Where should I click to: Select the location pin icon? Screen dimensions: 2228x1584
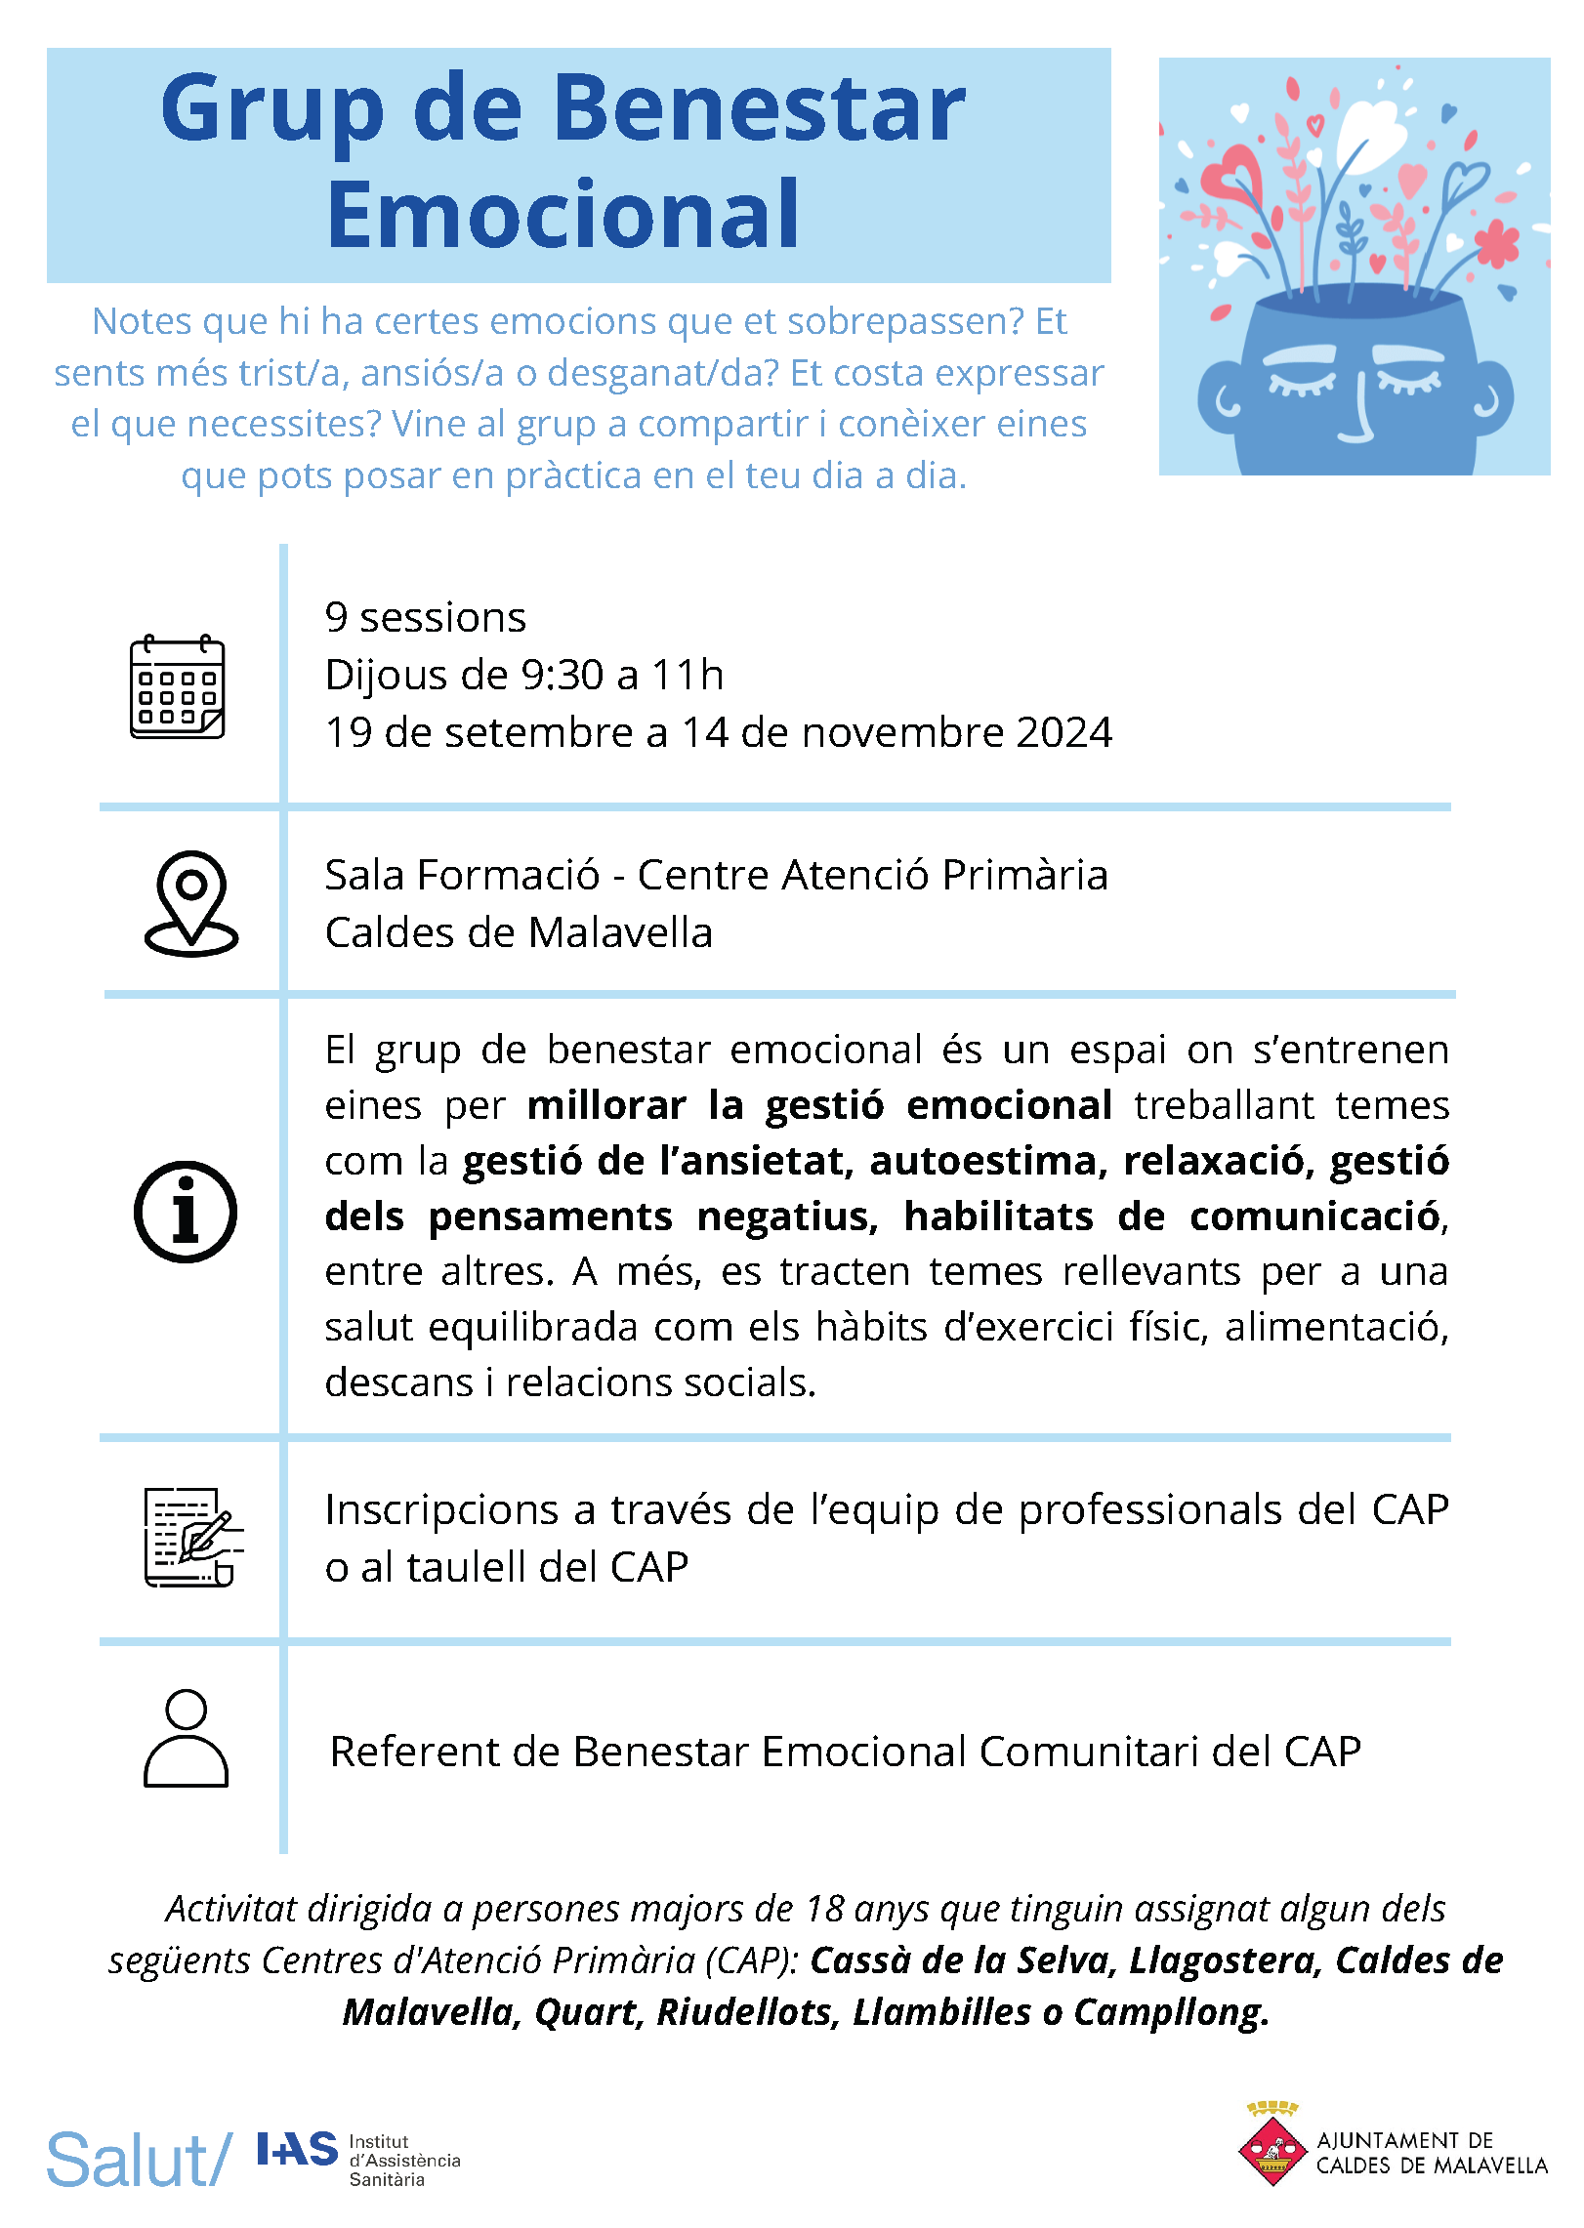click(191, 903)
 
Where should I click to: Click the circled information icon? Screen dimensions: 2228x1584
click(185, 1212)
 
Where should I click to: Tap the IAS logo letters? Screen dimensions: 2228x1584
click(297, 2150)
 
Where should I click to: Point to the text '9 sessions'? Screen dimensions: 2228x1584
click(425, 617)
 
